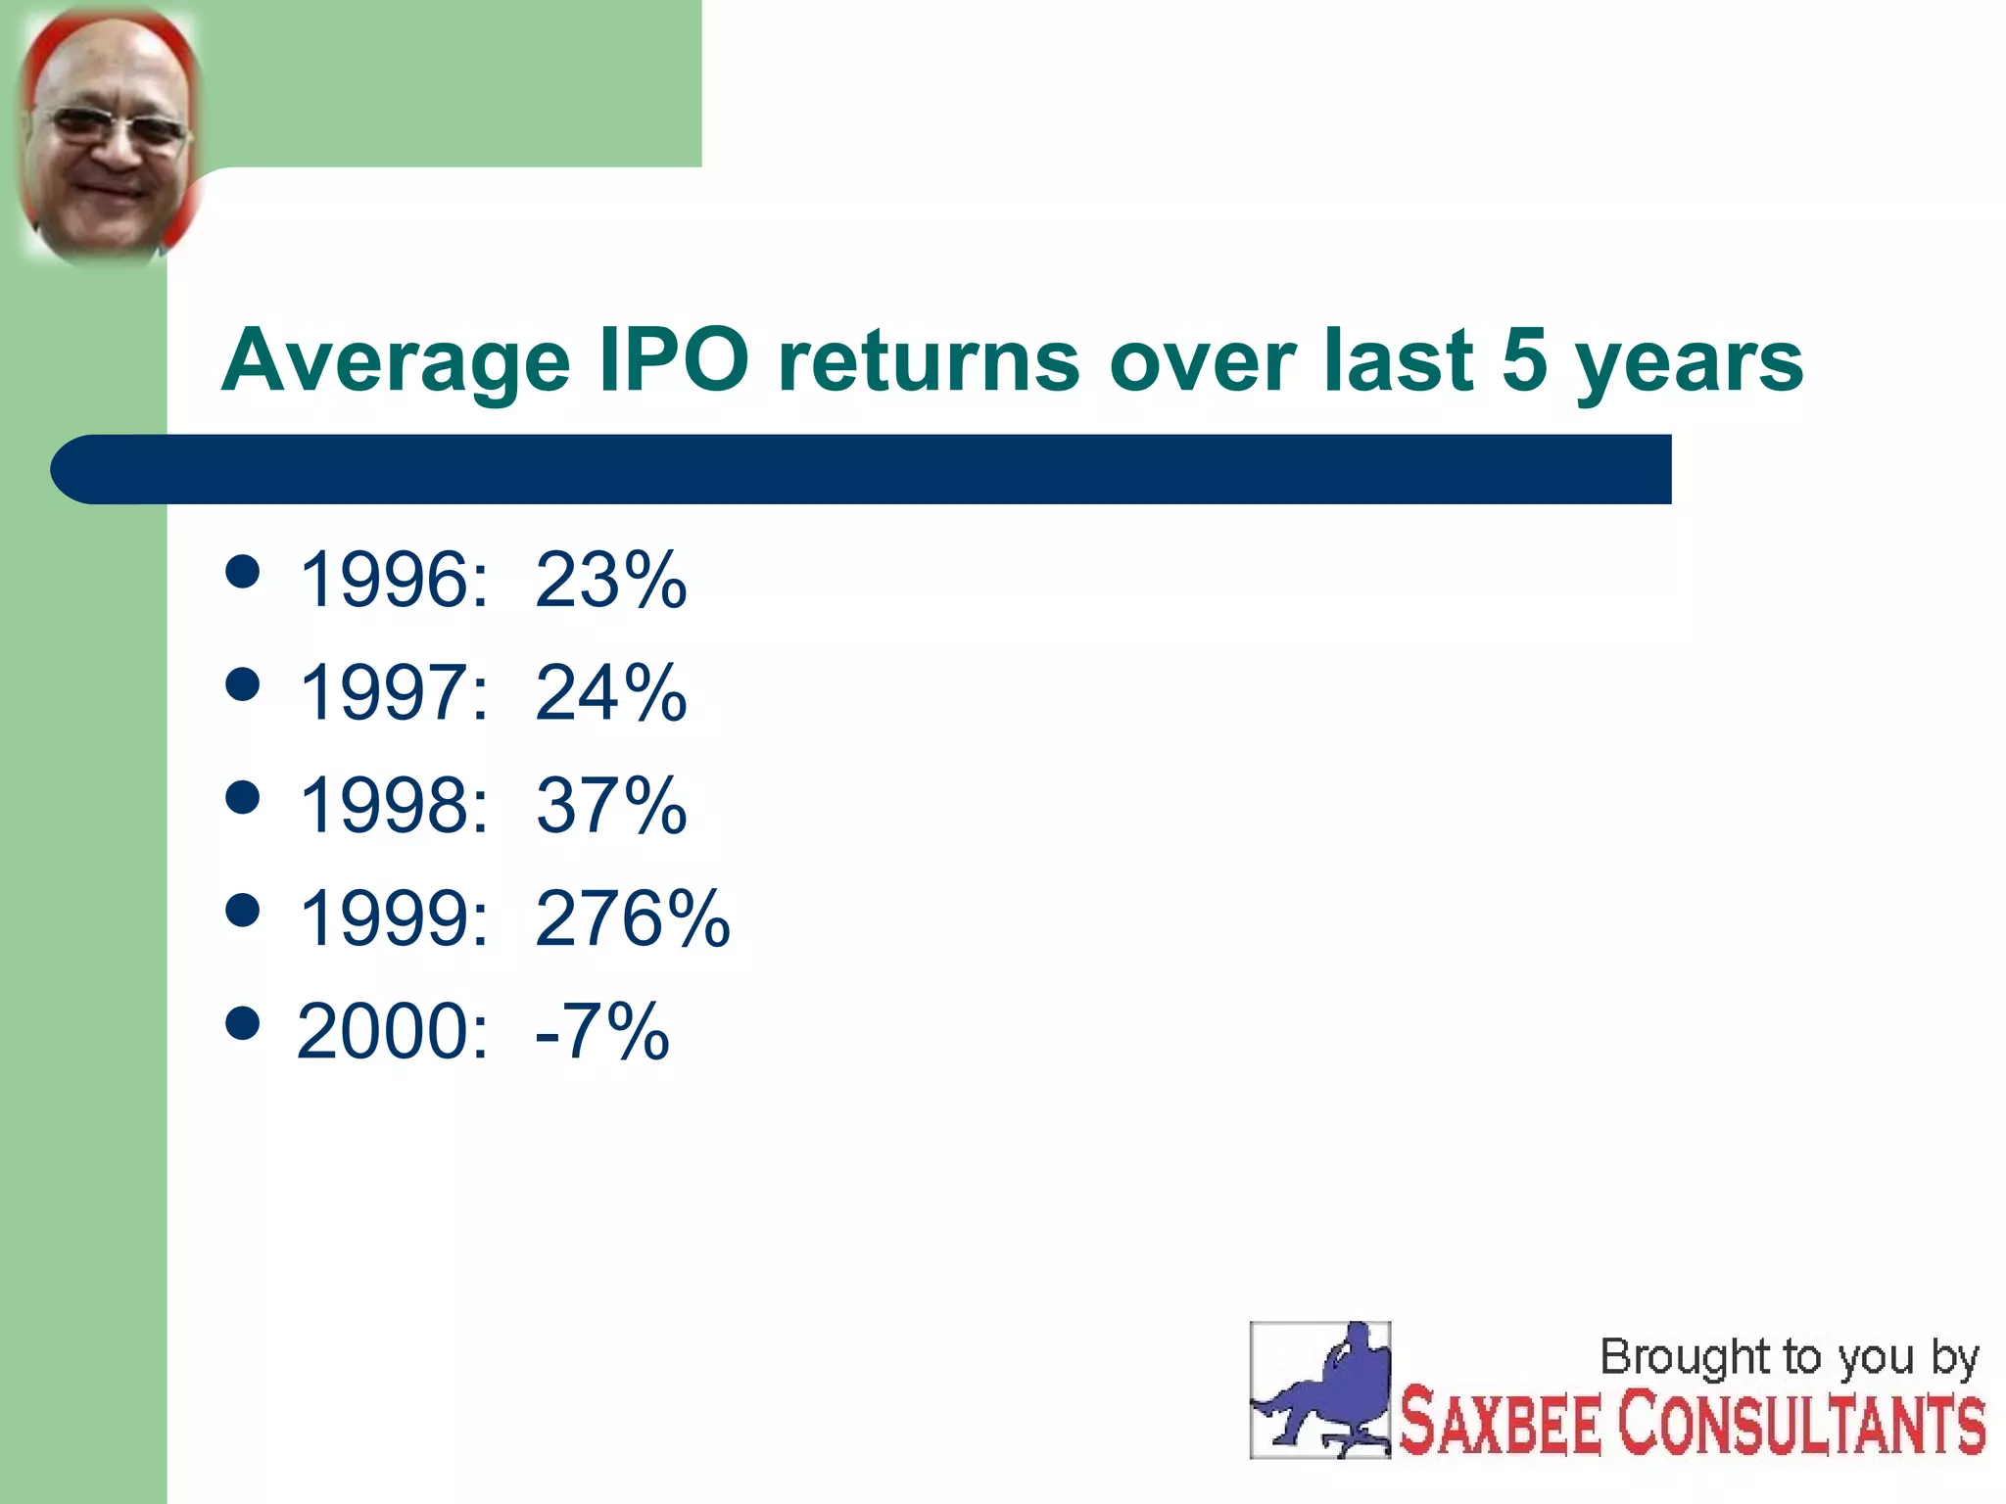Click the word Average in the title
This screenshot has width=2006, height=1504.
click(395, 362)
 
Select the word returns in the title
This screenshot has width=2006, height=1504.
click(929, 360)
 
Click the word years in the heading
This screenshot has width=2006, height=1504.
click(1689, 362)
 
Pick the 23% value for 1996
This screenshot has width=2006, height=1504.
click(610, 580)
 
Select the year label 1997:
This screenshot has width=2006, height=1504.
click(393, 693)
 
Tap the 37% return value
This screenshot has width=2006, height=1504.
click(610, 806)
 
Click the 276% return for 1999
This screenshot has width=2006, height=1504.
click(632, 918)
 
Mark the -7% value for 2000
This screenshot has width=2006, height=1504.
click(601, 1031)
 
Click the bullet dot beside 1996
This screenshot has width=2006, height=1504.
click(242, 572)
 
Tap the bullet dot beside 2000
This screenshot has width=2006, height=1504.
click(242, 1023)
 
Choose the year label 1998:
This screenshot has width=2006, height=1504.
click(393, 806)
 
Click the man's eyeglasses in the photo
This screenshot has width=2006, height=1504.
click(116, 129)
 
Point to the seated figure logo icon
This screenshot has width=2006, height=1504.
click(1319, 1389)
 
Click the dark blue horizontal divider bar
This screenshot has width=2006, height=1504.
click(862, 469)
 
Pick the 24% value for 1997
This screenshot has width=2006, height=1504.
click(610, 693)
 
